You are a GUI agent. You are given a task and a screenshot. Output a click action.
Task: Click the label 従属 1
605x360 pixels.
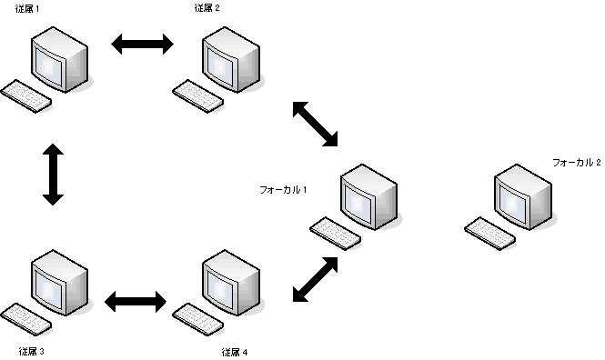click(27, 7)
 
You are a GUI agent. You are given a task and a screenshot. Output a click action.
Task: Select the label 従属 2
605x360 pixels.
click(207, 7)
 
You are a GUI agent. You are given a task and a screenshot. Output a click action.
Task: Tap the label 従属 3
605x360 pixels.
click(32, 350)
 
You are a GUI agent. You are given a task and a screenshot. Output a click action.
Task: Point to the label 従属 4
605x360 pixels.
click(234, 351)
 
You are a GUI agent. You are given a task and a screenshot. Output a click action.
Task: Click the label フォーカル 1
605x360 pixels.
click(284, 189)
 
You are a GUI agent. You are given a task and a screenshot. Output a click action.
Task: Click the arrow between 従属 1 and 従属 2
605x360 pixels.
click(141, 45)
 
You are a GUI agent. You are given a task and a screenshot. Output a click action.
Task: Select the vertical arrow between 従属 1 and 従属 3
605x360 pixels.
click(53, 173)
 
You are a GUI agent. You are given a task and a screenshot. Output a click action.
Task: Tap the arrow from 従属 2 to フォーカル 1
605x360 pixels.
click(315, 124)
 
